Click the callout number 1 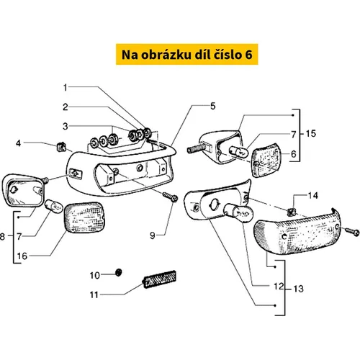pos(65,88)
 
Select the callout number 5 pos(213,106)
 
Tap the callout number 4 pos(18,143)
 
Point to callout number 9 pos(153,235)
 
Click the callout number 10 pos(94,275)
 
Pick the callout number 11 pos(94,294)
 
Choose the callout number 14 pos(313,196)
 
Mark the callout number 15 pos(311,134)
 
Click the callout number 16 pos(22,256)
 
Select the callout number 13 pos(299,289)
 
